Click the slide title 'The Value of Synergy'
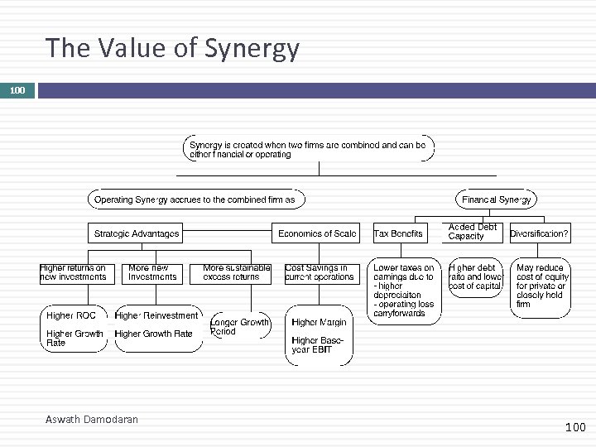(172, 49)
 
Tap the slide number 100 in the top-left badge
(17, 89)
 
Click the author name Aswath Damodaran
(92, 420)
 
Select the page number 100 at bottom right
(574, 427)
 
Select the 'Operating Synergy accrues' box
(196, 199)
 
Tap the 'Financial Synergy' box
(497, 199)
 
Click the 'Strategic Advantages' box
(137, 233)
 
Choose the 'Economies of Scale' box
(317, 233)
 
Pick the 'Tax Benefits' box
(398, 233)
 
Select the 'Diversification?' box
(540, 233)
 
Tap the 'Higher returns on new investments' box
(74, 272)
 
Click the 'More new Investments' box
(149, 272)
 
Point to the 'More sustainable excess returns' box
(237, 272)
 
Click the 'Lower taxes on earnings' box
(404, 291)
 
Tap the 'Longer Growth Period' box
(239, 327)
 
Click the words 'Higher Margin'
(319, 322)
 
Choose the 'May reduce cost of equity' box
(542, 286)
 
